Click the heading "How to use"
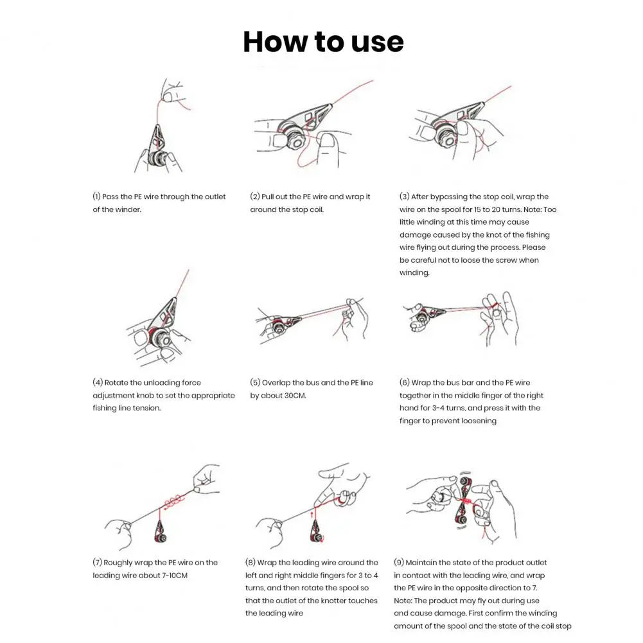[x=323, y=42]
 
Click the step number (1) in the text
[x=97, y=197]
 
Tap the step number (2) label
[x=254, y=197]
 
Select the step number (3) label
[x=404, y=197]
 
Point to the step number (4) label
[x=97, y=383]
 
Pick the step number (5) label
[x=254, y=383]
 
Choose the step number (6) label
[x=404, y=383]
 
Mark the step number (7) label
[x=97, y=563]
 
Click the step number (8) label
[x=250, y=563]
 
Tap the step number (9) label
[x=399, y=563]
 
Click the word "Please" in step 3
[x=534, y=247]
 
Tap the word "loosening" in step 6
[x=478, y=421]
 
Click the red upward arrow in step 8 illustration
[x=313, y=513]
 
